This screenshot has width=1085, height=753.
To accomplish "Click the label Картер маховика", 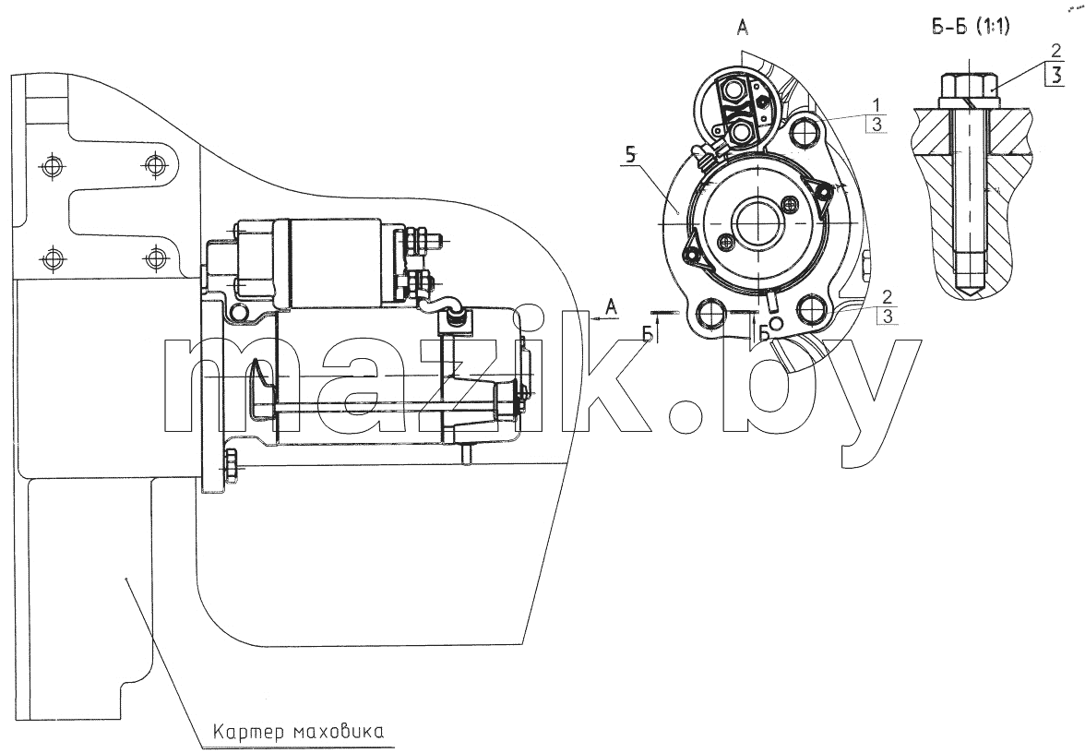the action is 297,732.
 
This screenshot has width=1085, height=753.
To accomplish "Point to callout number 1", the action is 876,105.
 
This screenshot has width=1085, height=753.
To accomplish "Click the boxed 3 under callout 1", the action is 876,125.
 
